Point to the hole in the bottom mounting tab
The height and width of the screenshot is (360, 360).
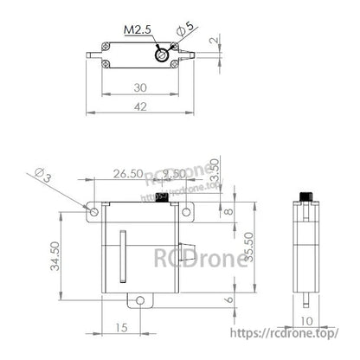136,299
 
